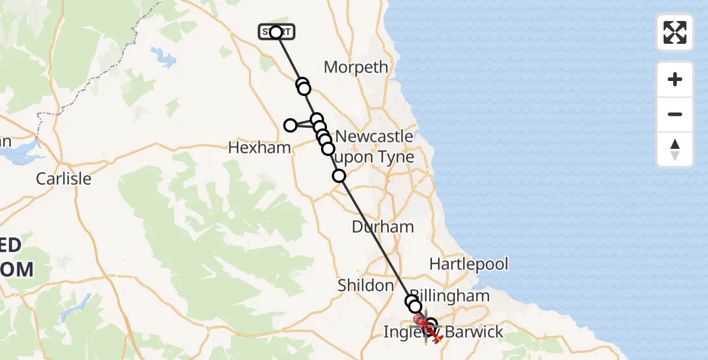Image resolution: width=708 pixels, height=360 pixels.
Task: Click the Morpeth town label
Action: click(x=356, y=67)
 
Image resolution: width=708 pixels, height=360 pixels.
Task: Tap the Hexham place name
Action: click(x=259, y=148)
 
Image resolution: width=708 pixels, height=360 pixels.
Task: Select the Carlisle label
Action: click(x=64, y=178)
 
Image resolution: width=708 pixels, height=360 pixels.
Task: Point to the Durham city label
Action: click(x=383, y=227)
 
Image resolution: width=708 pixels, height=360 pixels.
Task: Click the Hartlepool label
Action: click(x=469, y=264)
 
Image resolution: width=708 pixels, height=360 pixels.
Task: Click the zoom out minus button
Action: click(x=675, y=114)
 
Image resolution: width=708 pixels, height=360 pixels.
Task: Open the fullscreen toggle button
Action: click(x=675, y=32)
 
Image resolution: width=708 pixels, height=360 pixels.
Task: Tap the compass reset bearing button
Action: click(x=675, y=149)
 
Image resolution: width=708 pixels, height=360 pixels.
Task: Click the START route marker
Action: click(x=276, y=32)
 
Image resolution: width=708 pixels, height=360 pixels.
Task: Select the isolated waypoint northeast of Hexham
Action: click(x=290, y=125)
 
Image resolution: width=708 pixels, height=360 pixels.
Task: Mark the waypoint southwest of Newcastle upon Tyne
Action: click(x=339, y=176)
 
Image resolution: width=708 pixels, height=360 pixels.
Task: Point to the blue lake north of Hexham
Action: click(x=163, y=57)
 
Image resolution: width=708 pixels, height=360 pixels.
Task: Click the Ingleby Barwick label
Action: click(x=443, y=332)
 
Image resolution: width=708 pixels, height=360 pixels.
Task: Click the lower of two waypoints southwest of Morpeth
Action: click(x=304, y=89)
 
